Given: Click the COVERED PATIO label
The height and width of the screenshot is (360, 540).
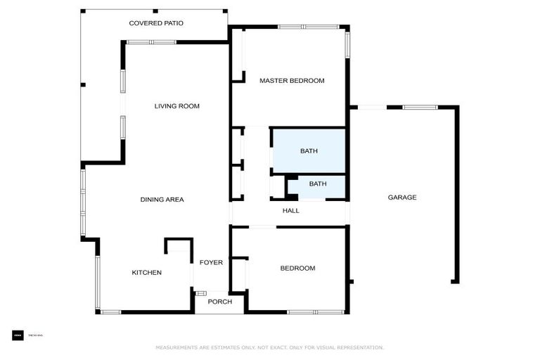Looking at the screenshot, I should point(156,23).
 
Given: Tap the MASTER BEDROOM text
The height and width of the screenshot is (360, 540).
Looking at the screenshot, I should point(292,81).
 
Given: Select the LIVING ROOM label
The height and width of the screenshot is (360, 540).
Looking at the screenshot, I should point(177,106).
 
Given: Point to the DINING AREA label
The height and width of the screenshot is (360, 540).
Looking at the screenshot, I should point(162,200).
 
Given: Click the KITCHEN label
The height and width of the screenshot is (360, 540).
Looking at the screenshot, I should point(147,273).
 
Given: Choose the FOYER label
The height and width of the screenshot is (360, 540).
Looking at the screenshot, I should point(211,263).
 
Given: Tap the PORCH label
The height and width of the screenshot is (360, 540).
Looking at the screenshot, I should point(219,302).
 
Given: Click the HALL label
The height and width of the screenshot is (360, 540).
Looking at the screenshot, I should point(290,211).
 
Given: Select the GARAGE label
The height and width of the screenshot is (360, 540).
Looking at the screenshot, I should point(402,198).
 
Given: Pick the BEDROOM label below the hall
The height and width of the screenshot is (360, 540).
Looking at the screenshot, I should point(297,268).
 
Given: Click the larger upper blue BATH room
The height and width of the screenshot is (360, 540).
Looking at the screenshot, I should point(309,150).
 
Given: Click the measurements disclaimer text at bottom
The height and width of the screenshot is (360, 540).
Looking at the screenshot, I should point(270,347).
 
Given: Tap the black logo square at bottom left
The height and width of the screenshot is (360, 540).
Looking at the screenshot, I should point(18,335).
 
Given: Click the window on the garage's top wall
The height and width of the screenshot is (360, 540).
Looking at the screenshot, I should point(420,107).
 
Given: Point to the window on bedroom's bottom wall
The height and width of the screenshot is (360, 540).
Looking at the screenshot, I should point(315,311).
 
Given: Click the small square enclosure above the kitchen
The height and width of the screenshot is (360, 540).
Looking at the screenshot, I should point(179,246).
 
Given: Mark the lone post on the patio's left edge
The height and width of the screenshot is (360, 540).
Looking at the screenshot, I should point(82,85).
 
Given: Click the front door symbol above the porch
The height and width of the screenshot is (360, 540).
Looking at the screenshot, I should point(201,292).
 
